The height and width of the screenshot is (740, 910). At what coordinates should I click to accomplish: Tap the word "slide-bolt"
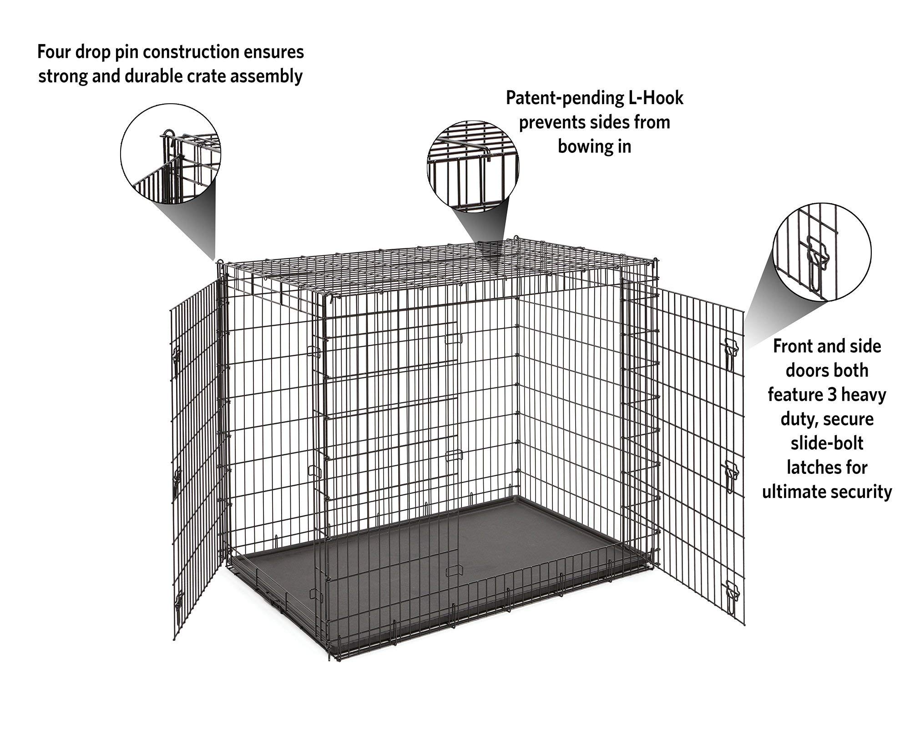pos(827,443)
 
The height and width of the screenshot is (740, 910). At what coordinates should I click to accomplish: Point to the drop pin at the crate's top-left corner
pos(220,264)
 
